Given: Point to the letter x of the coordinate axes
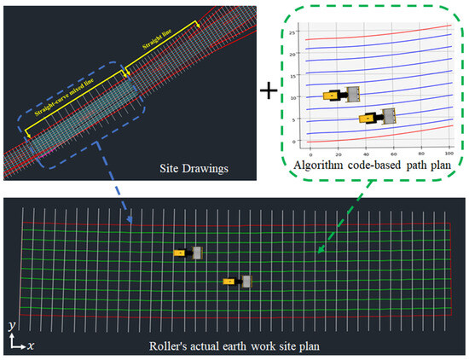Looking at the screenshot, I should [x=31, y=345].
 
